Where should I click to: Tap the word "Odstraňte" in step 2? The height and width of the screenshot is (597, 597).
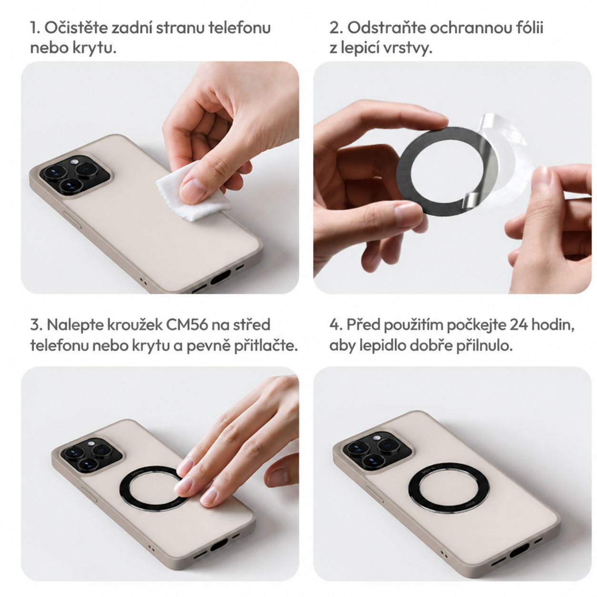pyautogui.click(x=386, y=28)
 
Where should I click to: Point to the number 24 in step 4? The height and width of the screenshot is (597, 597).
pyautogui.click(x=518, y=325)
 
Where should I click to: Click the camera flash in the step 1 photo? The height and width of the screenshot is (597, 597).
pyautogui.click(x=74, y=162)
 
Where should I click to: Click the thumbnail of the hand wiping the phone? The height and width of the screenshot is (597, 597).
pyautogui.click(x=160, y=177)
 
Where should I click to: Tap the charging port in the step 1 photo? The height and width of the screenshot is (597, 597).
pyautogui.click(x=220, y=277)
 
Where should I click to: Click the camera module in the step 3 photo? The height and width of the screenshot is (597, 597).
pyautogui.click(x=91, y=455)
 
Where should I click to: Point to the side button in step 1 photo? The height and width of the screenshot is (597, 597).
pyautogui.click(x=72, y=219)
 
